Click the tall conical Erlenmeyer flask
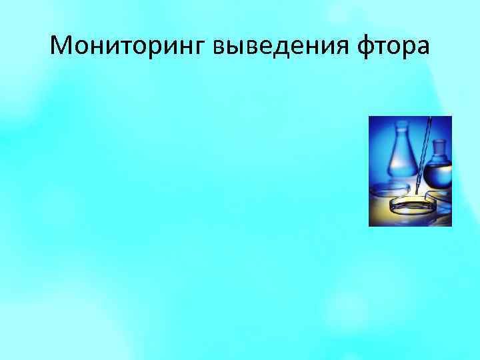tap(401, 157)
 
